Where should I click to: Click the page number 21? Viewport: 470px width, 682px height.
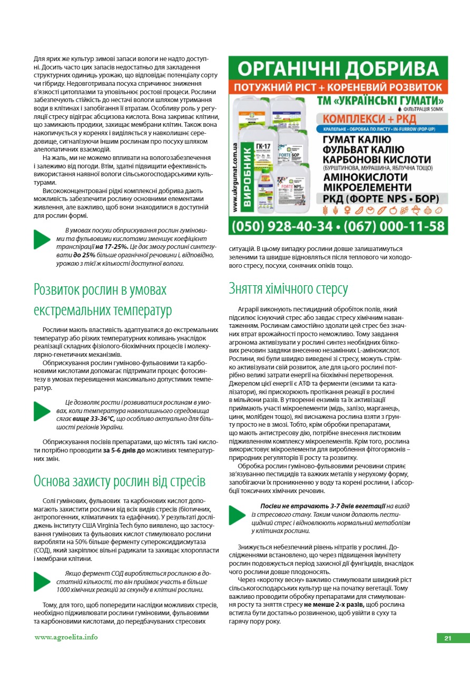[448, 638]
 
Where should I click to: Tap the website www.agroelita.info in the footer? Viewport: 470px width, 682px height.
[66, 637]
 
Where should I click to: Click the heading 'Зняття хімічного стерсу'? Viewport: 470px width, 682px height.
[288, 288]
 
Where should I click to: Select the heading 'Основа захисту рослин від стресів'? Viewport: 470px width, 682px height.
[119, 481]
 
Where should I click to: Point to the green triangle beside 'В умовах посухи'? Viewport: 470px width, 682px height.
[42, 239]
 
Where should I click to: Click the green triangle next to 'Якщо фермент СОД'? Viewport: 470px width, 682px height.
[42, 581]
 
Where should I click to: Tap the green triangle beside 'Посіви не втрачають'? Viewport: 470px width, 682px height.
[237, 515]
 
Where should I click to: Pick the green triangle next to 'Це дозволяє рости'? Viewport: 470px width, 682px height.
[42, 412]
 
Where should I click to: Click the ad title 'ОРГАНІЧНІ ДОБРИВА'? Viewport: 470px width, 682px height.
[338, 68]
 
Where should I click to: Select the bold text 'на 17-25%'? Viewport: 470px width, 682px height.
[112, 246]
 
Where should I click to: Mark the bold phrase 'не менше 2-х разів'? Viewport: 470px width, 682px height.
[332, 605]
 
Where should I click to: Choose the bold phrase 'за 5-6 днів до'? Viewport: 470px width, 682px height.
[124, 451]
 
